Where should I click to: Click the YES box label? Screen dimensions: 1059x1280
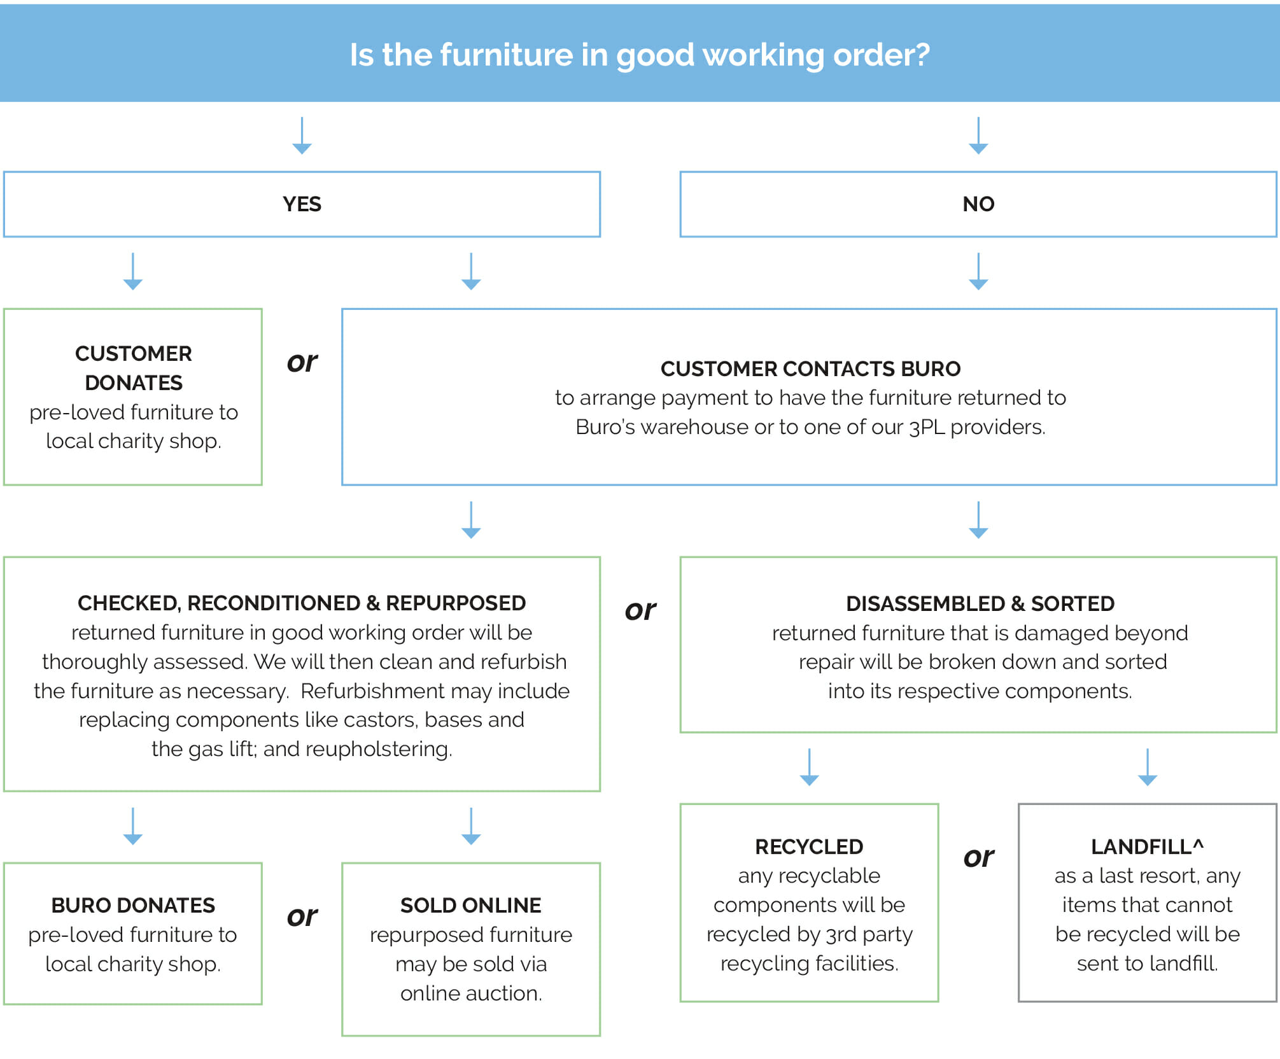(302, 204)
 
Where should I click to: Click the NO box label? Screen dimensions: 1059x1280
(978, 204)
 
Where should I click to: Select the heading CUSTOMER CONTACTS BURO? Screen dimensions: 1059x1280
(810, 368)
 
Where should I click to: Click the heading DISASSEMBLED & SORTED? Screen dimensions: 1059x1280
(980, 603)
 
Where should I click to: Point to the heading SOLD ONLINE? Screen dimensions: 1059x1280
(470, 905)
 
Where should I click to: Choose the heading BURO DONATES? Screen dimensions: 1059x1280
(133, 905)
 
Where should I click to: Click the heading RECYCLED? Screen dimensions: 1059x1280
(808, 846)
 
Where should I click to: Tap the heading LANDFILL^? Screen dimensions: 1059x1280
(1147, 846)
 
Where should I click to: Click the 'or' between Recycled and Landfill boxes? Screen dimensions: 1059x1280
(978, 857)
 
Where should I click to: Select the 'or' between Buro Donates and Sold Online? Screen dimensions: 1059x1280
(302, 916)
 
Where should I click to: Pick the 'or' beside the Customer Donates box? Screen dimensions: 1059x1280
(302, 362)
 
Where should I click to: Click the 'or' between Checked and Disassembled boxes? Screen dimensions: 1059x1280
(640, 610)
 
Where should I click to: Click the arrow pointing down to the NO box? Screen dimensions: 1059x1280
(978, 136)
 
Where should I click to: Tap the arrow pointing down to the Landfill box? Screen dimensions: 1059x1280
(1147, 767)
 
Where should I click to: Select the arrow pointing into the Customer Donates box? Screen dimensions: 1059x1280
(132, 272)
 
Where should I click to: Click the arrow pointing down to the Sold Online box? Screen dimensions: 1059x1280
(470, 826)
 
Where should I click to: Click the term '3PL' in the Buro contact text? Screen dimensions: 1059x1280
(926, 427)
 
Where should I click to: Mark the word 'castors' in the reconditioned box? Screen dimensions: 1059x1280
(381, 720)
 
